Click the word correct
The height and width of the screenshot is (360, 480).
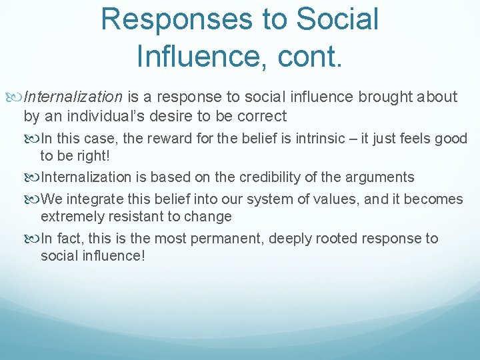(x=259, y=116)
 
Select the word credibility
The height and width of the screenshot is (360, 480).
(x=259, y=177)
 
